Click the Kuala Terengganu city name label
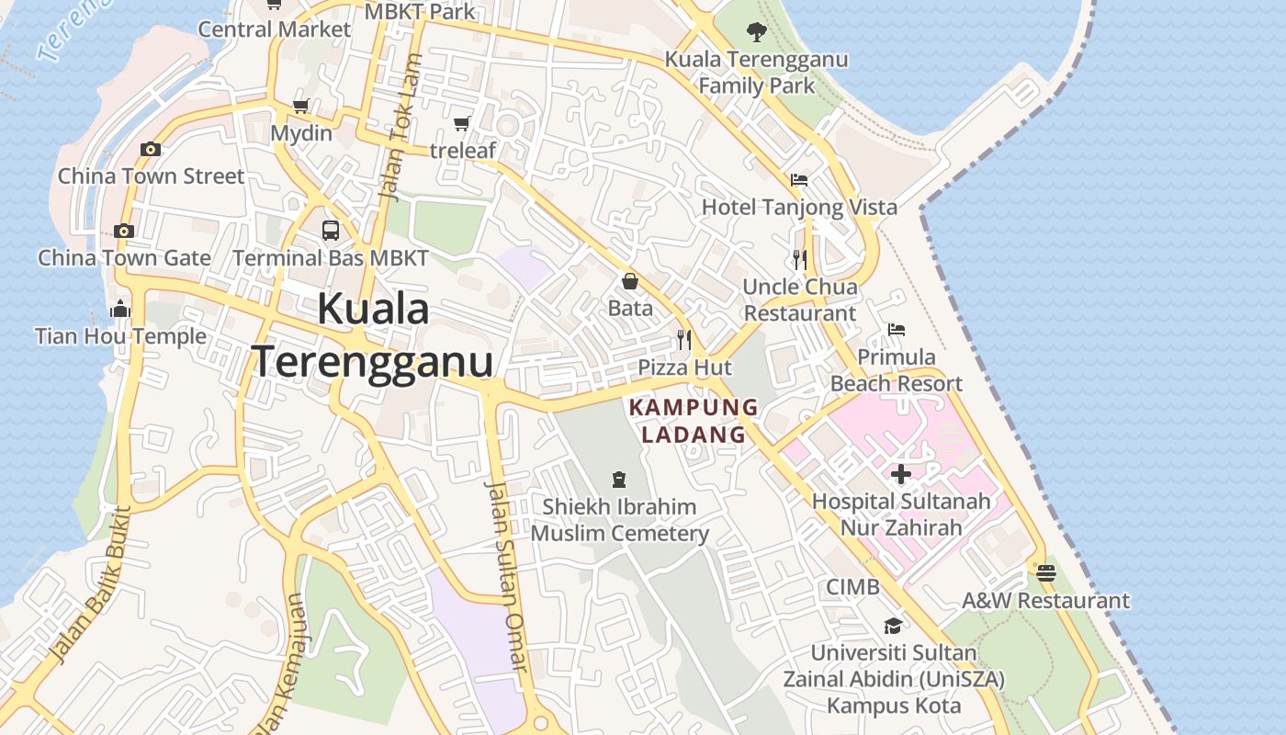point(373,335)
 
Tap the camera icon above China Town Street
point(151,149)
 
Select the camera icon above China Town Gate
point(124,231)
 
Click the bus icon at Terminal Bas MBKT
point(331,231)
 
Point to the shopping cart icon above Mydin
point(300,106)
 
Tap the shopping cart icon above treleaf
point(462,123)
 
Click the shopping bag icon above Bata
point(630,281)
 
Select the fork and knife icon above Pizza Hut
point(684,340)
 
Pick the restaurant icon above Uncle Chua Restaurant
point(800,260)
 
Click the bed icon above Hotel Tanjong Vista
point(799,179)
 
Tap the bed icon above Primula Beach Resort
point(897,330)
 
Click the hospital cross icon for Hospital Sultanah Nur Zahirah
point(901,474)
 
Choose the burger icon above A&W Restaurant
point(1045,574)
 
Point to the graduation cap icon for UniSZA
point(893,626)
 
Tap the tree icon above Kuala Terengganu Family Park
point(756,32)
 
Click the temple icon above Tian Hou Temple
point(120,310)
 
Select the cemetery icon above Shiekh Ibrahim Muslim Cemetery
point(619,479)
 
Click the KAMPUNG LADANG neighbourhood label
point(694,421)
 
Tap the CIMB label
point(852,586)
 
